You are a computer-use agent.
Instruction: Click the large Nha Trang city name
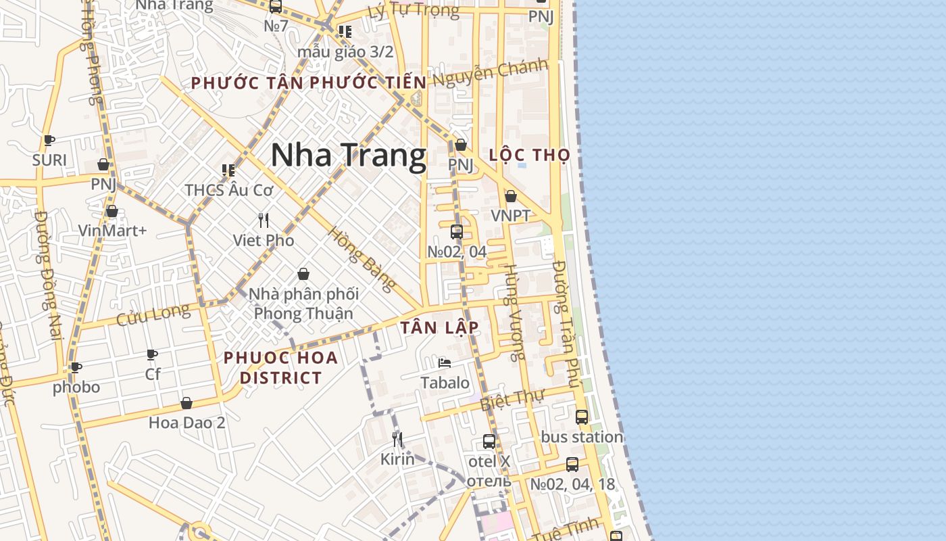coord(349,156)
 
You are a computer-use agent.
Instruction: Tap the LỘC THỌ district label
coord(530,155)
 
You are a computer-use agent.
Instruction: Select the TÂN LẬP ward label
coord(440,328)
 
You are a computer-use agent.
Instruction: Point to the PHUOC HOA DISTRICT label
coord(281,367)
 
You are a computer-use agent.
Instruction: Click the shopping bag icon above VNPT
coord(511,196)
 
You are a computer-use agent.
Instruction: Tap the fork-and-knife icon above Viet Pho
coord(264,220)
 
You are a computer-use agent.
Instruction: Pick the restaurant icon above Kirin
coord(397,440)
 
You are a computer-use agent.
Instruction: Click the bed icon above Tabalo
coord(445,363)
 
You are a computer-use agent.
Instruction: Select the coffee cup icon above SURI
coord(49,140)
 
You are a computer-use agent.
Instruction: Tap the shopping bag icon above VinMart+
coord(112,211)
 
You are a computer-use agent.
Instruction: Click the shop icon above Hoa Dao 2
coord(186,403)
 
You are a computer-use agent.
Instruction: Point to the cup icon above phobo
coord(76,367)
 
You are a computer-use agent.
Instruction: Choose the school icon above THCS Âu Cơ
coord(228,170)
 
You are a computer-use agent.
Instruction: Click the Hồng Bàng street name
coord(362,258)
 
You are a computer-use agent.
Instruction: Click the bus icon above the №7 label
coord(276,7)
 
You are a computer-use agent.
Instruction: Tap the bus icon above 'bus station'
coord(582,417)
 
